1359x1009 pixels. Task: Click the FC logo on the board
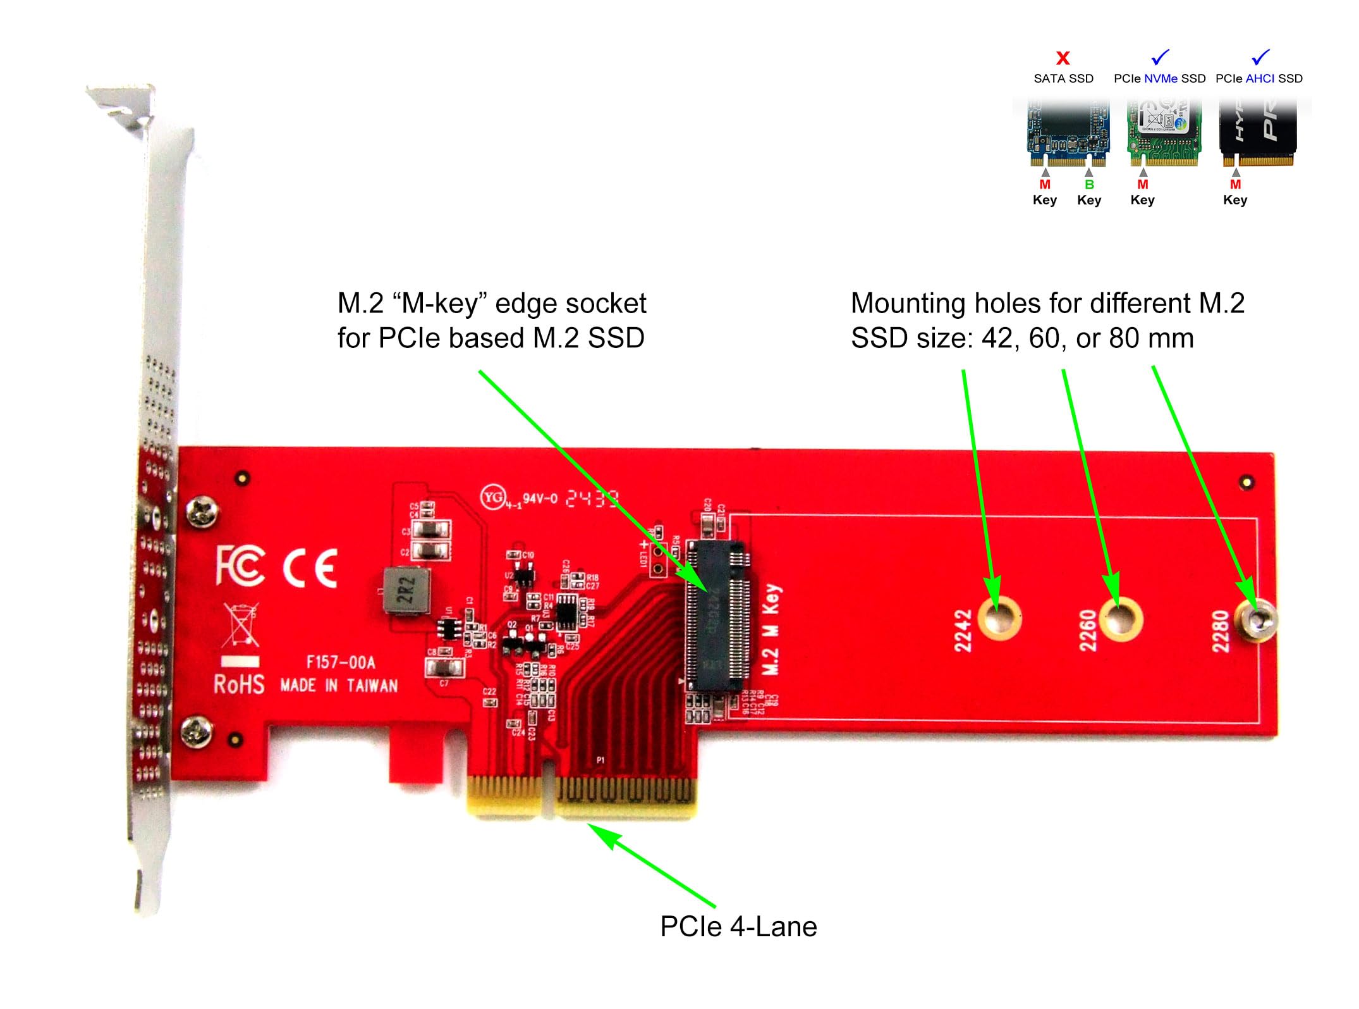pos(240,565)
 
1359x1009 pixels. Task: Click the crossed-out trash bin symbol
pos(240,624)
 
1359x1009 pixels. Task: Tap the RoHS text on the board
pos(239,684)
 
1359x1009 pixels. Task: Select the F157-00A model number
pos(341,662)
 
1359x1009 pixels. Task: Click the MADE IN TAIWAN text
pos(339,686)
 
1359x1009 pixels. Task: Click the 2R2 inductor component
pos(407,591)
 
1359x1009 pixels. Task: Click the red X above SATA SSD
pos(1063,58)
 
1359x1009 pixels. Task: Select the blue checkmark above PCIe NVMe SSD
pos(1160,57)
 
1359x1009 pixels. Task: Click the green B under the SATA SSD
pos(1089,185)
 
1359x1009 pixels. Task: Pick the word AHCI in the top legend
pos(1260,78)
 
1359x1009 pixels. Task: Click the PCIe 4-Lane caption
pos(738,927)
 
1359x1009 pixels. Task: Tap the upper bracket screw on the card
pos(202,511)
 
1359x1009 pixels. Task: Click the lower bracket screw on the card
pos(196,732)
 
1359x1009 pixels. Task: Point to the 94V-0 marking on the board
pos(540,498)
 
